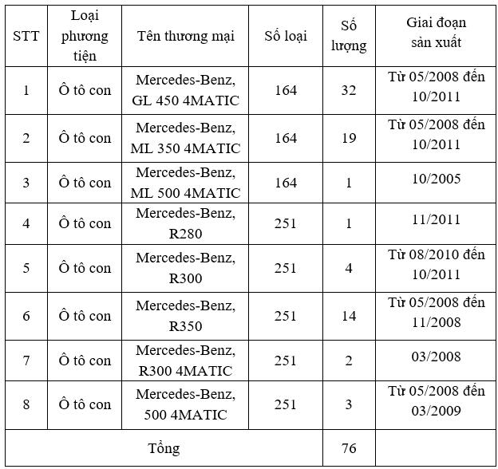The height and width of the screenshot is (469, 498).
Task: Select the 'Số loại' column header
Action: click(x=285, y=36)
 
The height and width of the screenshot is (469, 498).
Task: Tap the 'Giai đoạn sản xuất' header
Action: click(x=436, y=33)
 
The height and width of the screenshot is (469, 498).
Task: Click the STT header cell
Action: click(x=26, y=36)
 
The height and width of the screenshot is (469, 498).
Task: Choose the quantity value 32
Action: click(x=349, y=90)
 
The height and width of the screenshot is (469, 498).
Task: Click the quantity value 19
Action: click(x=349, y=138)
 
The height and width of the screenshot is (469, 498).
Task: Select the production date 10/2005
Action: click(x=436, y=178)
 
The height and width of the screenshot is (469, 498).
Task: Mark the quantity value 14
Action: click(x=349, y=316)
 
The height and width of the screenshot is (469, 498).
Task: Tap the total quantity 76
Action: click(x=349, y=448)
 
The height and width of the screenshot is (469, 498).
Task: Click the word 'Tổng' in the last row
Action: click(x=164, y=448)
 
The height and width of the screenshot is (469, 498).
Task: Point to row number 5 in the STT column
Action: click(x=26, y=268)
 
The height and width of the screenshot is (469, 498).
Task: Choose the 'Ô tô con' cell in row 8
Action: click(x=85, y=404)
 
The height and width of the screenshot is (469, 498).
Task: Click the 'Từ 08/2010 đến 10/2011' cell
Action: click(x=436, y=265)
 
